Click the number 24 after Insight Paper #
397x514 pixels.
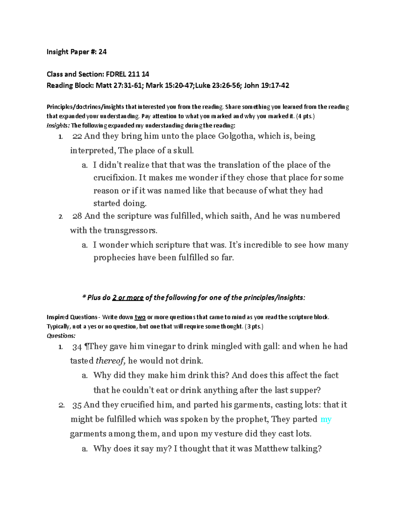click(x=103, y=52)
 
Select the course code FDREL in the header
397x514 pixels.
click(x=116, y=74)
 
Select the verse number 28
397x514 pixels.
click(x=77, y=216)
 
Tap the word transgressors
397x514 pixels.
click(x=130, y=230)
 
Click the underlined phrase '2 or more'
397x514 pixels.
click(x=128, y=298)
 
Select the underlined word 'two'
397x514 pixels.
click(x=140, y=317)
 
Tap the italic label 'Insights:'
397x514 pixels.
click(x=58, y=125)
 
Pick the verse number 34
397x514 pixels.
click(x=77, y=347)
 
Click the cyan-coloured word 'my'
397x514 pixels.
click(x=326, y=419)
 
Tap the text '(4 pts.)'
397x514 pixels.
click(x=303, y=116)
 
